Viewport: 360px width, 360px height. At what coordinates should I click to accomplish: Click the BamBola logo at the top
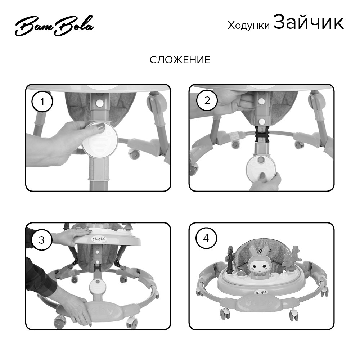54,26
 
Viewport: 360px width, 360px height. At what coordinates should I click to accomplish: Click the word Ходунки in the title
248,25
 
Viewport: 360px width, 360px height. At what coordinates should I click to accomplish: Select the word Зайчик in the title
308,23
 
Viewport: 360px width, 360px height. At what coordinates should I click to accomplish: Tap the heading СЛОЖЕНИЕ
180,60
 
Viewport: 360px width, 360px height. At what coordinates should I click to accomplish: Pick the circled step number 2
207,100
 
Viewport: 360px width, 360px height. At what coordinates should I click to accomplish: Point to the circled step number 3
42,239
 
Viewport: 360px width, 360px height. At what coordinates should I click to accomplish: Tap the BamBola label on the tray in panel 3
99,238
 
